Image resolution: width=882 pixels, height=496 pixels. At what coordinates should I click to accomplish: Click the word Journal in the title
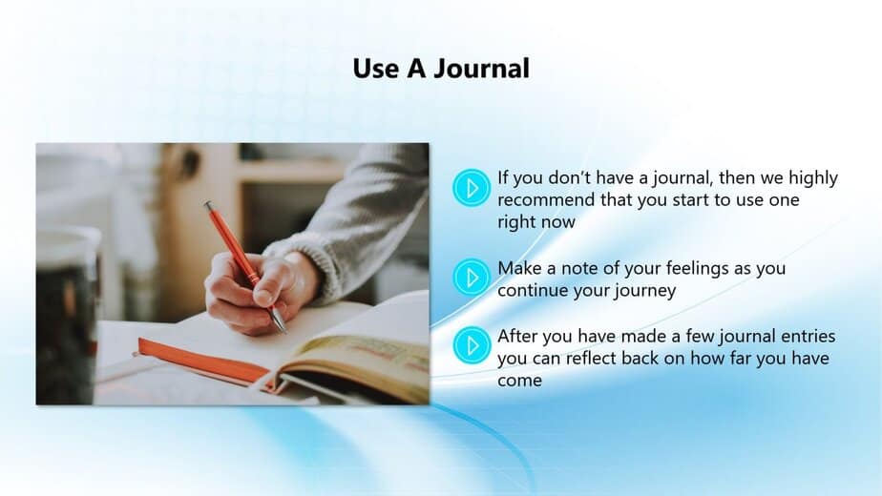click(x=481, y=69)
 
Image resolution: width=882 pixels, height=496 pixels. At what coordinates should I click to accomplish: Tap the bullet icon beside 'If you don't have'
click(x=472, y=188)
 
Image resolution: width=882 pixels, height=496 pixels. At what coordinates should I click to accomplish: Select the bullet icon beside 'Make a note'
click(x=472, y=278)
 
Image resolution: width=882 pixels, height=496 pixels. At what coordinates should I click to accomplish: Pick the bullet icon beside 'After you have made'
click(x=472, y=345)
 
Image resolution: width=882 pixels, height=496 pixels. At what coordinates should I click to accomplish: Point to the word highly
click(x=813, y=178)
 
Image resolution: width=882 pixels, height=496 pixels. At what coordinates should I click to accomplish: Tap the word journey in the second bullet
click(x=644, y=291)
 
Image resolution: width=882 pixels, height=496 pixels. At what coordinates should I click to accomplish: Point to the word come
click(x=519, y=382)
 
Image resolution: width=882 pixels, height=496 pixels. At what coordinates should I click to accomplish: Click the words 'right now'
click(x=536, y=222)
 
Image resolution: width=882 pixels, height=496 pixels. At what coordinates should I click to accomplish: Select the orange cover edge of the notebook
click(x=202, y=361)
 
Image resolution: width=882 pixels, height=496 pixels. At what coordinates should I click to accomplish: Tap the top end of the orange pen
click(x=208, y=205)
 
